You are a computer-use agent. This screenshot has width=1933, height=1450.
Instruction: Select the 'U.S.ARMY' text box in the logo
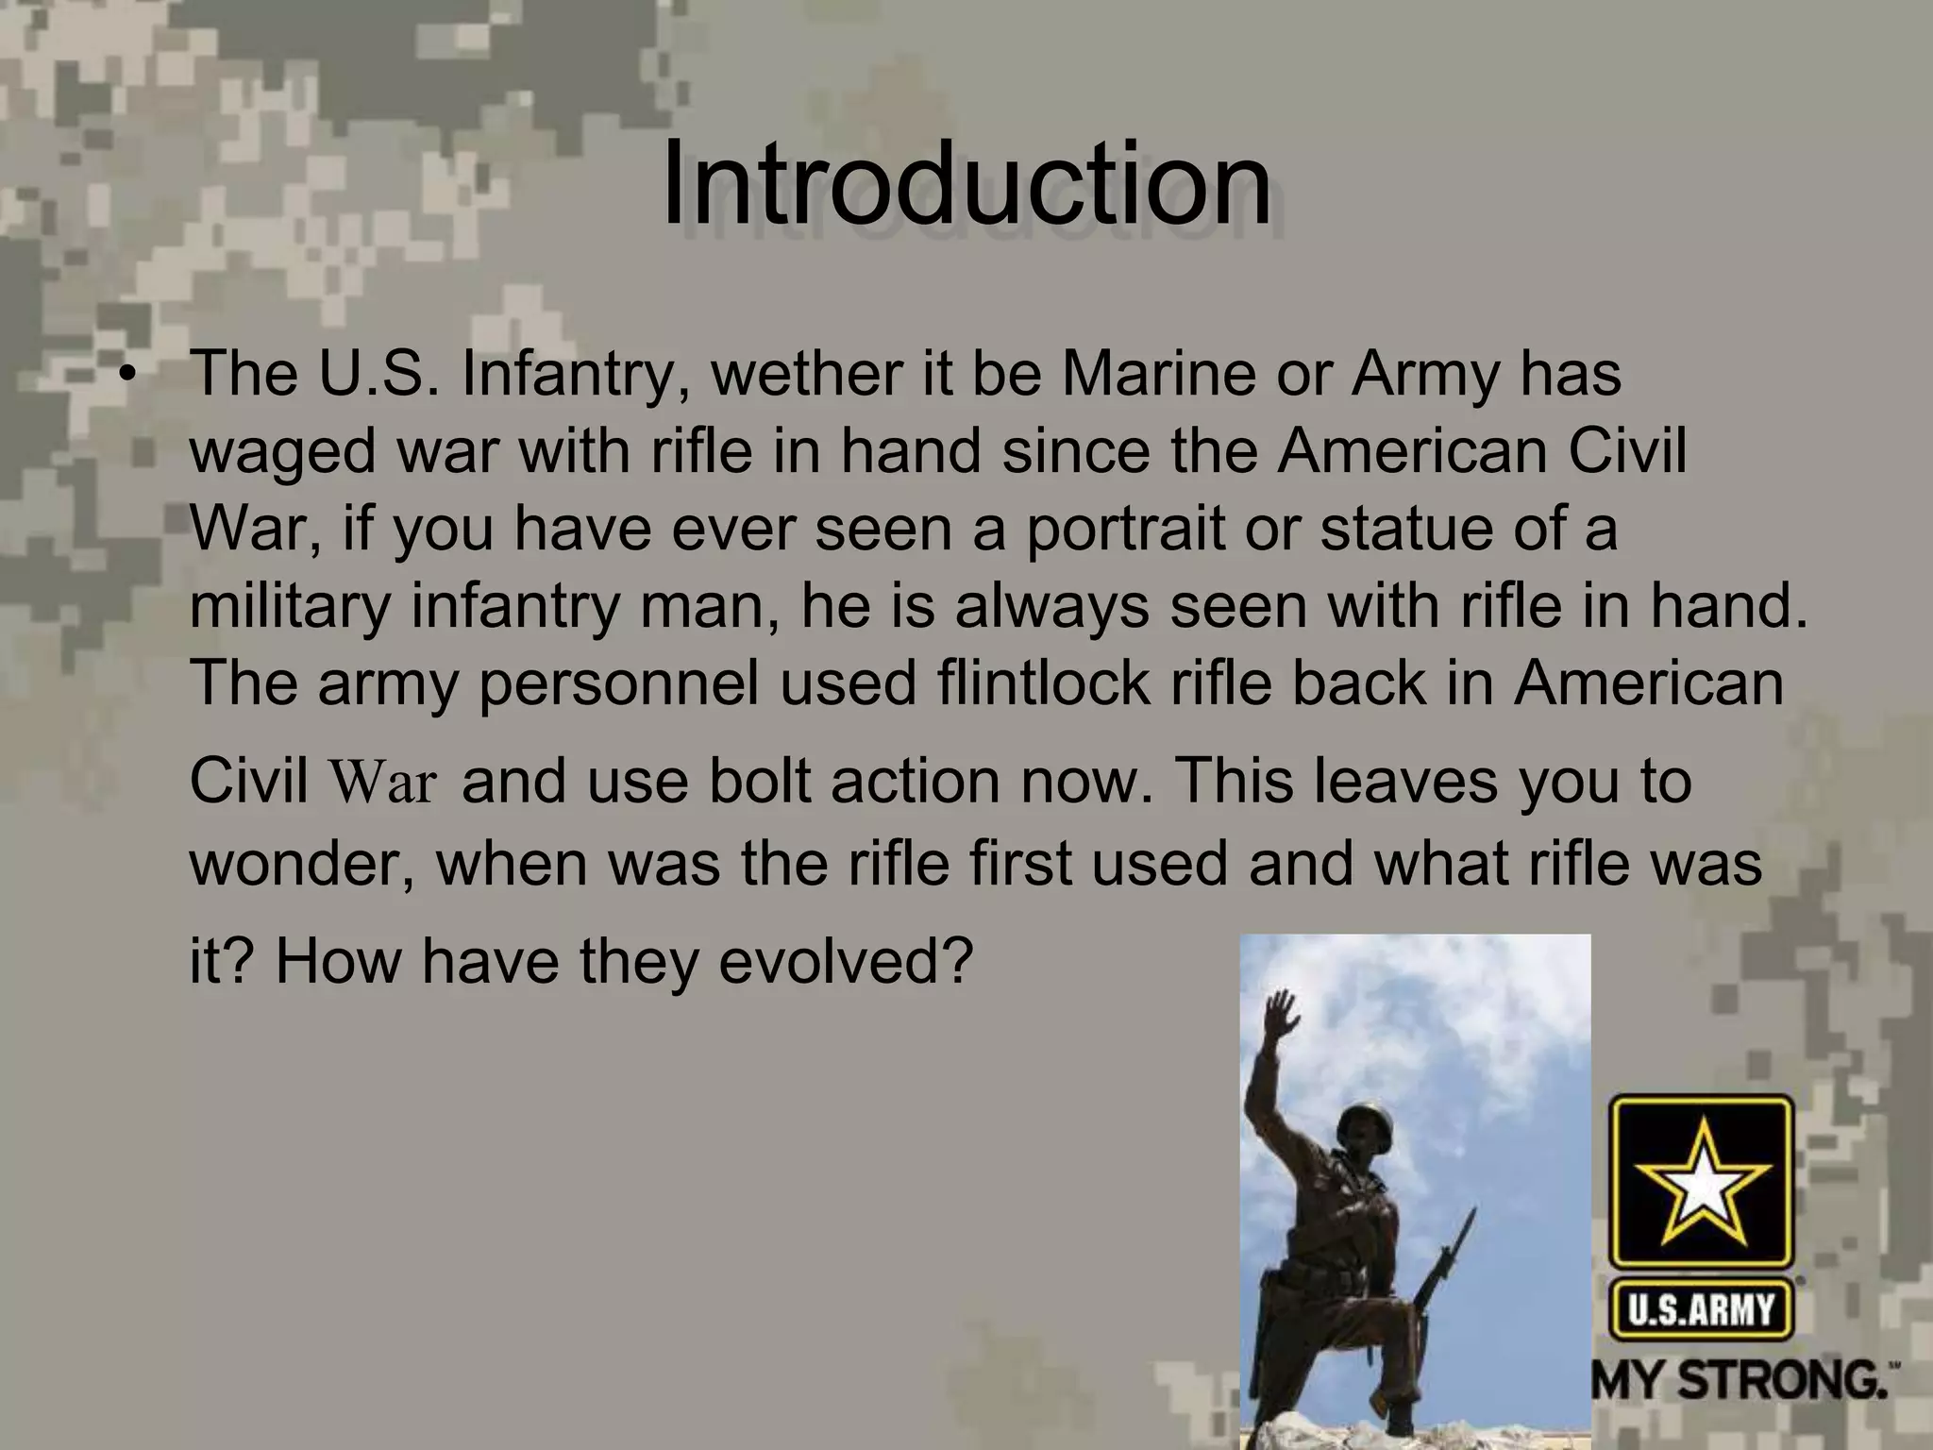pyautogui.click(x=1701, y=1309)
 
